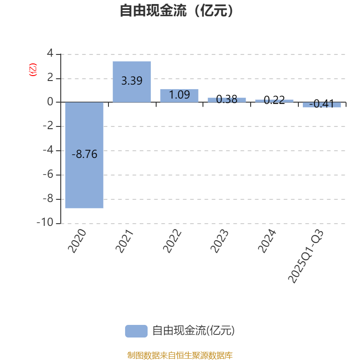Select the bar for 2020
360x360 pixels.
coord(85,180)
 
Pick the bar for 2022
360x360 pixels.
coord(179,95)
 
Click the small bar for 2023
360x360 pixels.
coord(227,99)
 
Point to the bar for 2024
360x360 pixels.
coord(274,100)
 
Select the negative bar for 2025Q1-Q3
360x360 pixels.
coord(321,105)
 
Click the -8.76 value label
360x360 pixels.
coord(85,154)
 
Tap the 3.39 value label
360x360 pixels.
coord(132,81)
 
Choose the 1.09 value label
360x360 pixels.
coord(179,95)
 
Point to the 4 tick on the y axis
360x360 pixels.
coord(49,54)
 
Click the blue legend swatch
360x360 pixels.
coord(136,331)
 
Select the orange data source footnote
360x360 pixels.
coord(180,355)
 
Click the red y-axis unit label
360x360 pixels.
coord(32,70)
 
